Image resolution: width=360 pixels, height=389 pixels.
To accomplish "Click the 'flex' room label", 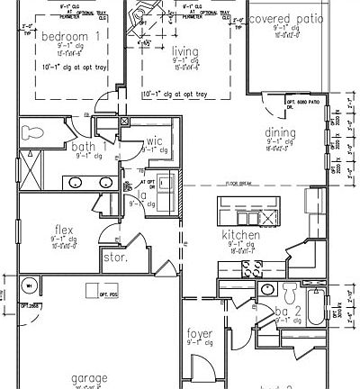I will tap(64, 229).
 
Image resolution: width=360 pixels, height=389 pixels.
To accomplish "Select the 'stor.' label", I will tap(116, 258).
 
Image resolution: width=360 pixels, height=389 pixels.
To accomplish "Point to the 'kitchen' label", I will tap(240, 235).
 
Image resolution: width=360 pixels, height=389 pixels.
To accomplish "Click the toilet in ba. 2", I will tap(289, 294).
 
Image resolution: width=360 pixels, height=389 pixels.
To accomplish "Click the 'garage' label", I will tap(90, 377).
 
